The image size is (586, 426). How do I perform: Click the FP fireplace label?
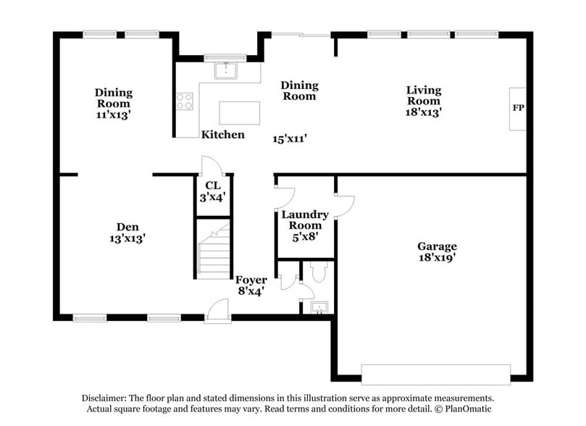click(518, 109)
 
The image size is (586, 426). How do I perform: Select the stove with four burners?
click(185, 101)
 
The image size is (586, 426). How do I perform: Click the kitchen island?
click(240, 112)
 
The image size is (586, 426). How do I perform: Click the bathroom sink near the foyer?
click(318, 308)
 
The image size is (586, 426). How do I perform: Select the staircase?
click(214, 252)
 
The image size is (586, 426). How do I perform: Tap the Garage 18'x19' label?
click(437, 251)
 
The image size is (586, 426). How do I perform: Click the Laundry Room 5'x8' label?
click(305, 225)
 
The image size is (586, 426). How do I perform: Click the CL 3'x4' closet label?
click(212, 191)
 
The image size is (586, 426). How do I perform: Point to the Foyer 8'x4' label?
click(251, 285)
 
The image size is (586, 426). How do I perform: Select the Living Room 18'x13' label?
click(423, 101)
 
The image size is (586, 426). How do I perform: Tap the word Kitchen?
click(222, 135)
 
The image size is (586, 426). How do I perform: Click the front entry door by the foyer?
click(217, 312)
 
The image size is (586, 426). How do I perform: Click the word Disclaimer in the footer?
click(103, 398)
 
